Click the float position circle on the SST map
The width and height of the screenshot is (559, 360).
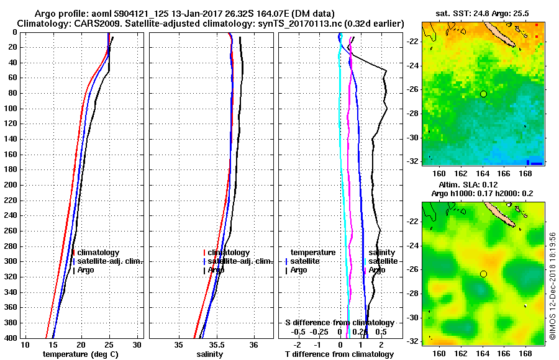coord(483,94)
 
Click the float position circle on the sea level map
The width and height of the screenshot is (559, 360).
coord(483,274)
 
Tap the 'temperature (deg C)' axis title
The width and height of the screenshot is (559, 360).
coord(80,354)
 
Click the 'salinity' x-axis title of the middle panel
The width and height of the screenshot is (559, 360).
coord(211,354)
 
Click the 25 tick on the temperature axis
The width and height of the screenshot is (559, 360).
coord(109,344)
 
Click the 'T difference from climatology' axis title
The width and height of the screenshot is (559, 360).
coord(339,354)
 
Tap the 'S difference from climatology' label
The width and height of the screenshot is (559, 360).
coord(339,323)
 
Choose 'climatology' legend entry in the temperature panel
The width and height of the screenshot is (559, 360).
coord(98,253)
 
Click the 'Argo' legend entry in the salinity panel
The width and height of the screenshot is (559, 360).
coord(216,270)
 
